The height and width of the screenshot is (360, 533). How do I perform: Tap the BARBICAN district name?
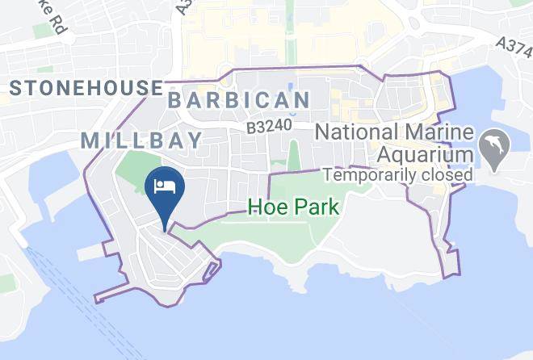[239, 101]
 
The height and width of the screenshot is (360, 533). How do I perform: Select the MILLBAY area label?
[142, 140]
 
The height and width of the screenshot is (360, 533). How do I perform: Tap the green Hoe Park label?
[293, 207]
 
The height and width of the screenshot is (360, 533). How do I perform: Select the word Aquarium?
[422, 154]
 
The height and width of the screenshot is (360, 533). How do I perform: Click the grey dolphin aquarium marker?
[493, 147]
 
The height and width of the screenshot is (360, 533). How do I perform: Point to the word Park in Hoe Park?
[314, 207]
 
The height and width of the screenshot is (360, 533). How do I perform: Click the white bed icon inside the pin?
[166, 186]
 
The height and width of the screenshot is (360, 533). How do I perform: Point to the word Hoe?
[265, 207]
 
